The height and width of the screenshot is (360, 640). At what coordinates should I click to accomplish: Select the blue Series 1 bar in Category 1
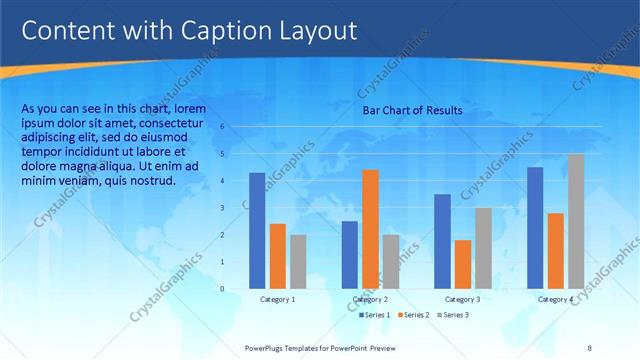point(257,230)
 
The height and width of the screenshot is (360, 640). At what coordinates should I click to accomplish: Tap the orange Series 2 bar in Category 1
point(277,255)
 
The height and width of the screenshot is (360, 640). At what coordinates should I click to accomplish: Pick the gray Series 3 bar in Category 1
point(298,261)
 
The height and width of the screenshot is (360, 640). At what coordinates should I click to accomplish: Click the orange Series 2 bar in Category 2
point(370,228)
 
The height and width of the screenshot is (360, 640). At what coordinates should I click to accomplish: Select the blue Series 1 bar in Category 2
point(349,254)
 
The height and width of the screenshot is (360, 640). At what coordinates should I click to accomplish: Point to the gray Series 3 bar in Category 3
point(482,247)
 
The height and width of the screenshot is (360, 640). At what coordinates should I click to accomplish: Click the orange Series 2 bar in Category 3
point(462,264)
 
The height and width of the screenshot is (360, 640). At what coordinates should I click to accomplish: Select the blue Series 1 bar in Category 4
point(535,227)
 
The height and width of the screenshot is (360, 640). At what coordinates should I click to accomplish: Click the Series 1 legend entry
point(375,315)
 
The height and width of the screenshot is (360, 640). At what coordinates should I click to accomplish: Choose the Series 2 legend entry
point(414,315)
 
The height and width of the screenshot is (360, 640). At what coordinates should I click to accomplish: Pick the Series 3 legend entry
point(453,315)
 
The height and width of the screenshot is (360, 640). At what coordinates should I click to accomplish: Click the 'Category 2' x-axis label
point(370,299)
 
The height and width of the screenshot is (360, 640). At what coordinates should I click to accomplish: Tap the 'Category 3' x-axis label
point(462,299)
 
